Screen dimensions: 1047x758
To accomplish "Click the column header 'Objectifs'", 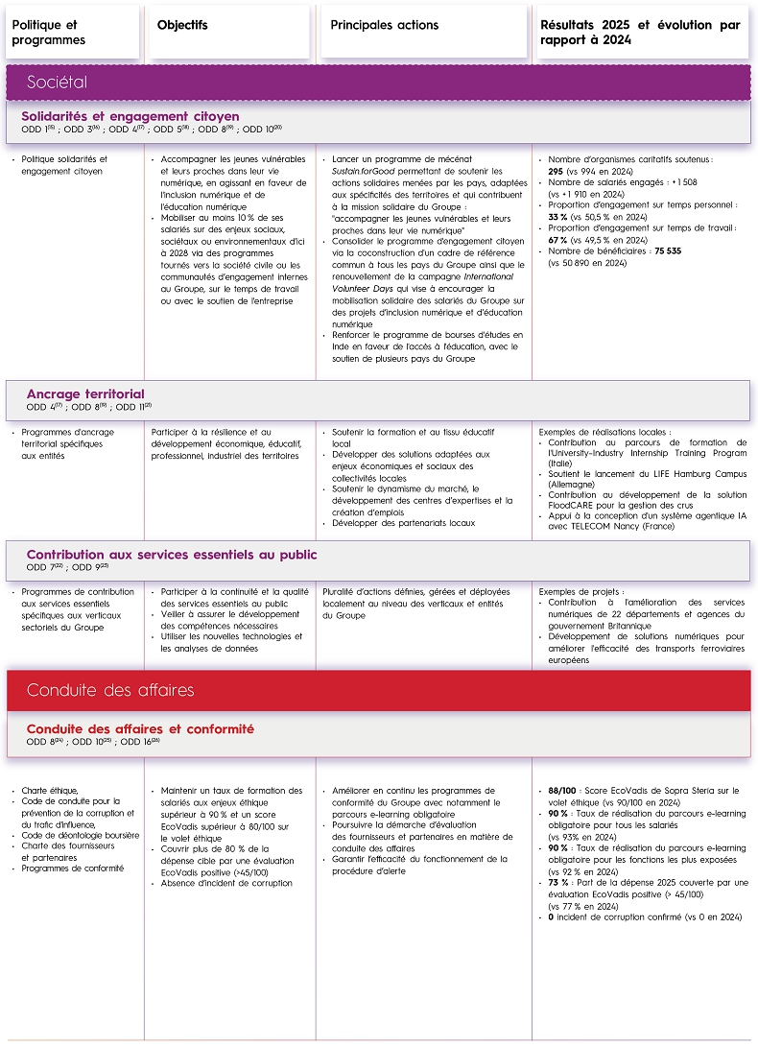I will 182,25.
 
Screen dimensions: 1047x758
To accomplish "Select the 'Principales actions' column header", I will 384,25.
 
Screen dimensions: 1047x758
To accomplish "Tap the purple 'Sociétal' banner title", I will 58,83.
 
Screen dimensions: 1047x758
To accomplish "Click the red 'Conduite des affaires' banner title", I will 110,690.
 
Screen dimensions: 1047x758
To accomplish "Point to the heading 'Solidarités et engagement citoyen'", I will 130,116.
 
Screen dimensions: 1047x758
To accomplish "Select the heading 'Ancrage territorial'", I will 85,393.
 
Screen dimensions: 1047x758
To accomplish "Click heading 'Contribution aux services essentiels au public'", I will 172,555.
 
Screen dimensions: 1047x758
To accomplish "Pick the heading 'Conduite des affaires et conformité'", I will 140,729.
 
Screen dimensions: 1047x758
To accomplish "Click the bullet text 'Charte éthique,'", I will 50,791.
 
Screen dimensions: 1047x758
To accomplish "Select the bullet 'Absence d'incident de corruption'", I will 226,883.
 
